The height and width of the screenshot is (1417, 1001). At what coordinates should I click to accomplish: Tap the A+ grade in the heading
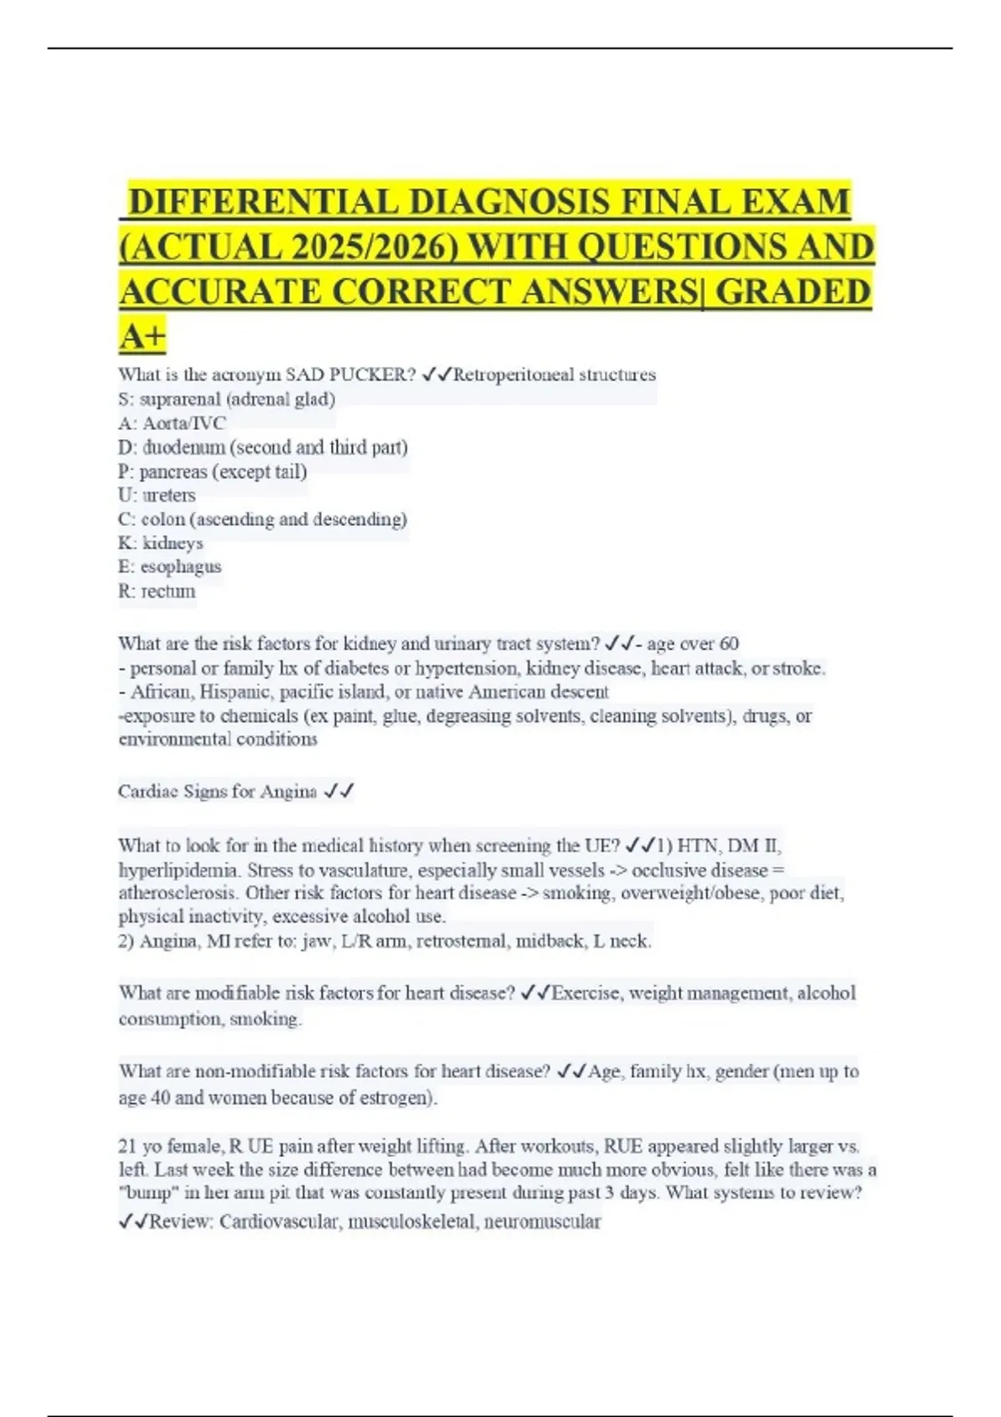143,337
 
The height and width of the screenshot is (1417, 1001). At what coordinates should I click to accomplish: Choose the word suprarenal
179,399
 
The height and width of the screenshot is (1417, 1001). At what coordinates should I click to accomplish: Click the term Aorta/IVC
184,423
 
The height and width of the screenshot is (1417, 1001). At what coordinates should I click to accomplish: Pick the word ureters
169,495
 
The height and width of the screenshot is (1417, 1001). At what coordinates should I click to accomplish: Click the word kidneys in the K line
173,543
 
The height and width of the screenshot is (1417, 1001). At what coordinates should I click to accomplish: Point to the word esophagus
181,567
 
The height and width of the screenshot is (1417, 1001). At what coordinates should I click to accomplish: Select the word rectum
169,591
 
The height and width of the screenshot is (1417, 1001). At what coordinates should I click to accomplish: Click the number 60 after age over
728,643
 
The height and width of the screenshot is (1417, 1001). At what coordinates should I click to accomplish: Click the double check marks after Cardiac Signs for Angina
340,792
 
